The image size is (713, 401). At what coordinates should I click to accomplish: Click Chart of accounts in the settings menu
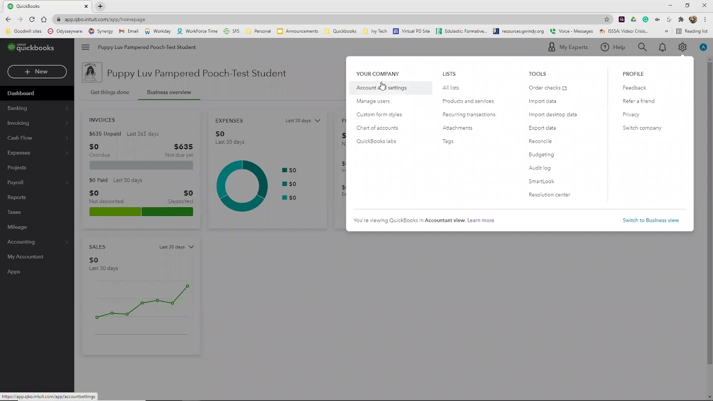[377, 128]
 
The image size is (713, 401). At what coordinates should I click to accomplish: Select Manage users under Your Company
[373, 101]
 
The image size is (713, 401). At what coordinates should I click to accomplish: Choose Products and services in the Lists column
[468, 101]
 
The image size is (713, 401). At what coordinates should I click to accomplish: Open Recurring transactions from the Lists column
[468, 115]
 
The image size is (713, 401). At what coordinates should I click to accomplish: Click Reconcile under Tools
[540, 141]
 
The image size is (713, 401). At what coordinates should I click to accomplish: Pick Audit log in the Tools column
[539, 168]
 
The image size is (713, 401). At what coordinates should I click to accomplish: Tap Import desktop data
[553, 115]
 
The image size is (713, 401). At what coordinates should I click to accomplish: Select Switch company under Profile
[642, 128]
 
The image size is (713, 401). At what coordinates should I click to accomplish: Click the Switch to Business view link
[651, 221]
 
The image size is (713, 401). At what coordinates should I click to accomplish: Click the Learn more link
[481, 221]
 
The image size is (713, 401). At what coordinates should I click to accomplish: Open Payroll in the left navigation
[16, 183]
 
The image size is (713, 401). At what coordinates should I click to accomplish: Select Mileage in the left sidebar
[17, 227]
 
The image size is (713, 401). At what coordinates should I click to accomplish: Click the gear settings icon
[682, 47]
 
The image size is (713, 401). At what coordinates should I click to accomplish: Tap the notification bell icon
[662, 47]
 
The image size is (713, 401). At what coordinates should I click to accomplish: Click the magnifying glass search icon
[642, 47]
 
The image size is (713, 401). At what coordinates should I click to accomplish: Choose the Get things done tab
[110, 92]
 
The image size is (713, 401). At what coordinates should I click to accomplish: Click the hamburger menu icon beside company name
[85, 47]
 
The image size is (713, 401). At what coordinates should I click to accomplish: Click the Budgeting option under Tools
[541, 155]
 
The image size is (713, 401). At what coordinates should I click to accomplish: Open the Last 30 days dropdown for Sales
[177, 247]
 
